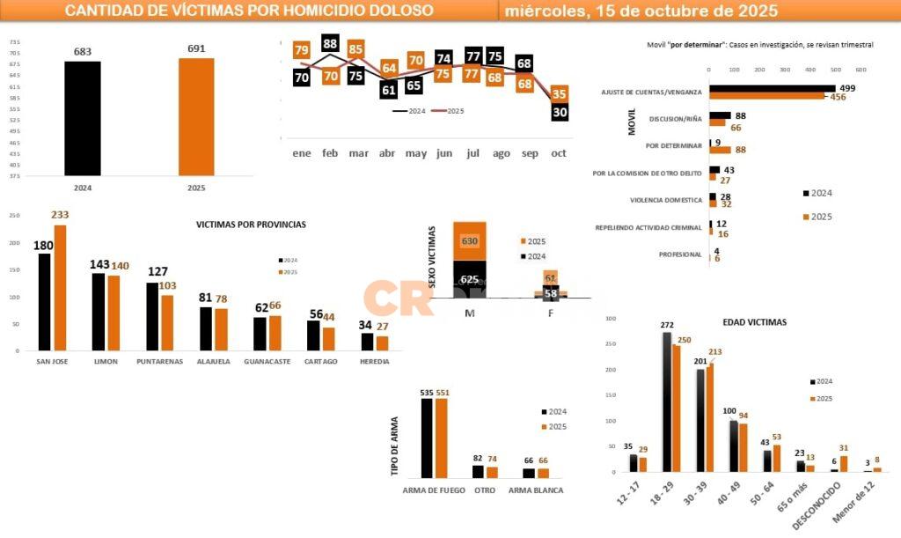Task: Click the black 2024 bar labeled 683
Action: coord(83,119)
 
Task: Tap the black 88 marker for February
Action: coord(331,43)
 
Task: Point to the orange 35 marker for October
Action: coord(560,94)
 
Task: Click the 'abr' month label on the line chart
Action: coord(388,153)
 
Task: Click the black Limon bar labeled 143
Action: coord(98,312)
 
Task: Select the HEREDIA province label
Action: coord(375,361)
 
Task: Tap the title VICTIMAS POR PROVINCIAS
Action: coord(251,225)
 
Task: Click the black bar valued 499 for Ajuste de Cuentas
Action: coord(772,88)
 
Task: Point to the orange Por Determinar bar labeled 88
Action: coord(715,150)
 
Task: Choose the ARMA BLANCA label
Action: coord(536,490)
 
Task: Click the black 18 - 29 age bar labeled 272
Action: coord(667,402)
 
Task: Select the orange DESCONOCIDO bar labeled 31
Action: coord(844,463)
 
